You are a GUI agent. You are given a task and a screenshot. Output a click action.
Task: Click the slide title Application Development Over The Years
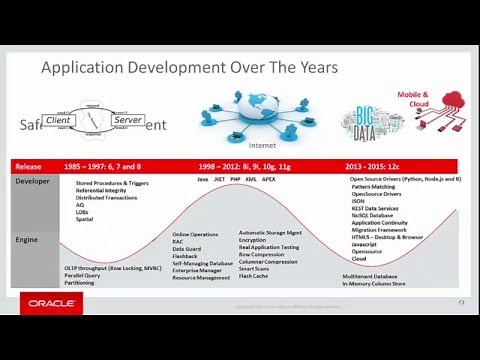pyautogui.click(x=189, y=68)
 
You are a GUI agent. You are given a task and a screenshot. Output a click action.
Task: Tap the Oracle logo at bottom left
pyautogui.click(x=49, y=302)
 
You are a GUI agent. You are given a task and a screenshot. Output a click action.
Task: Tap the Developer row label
pyautogui.click(x=32, y=180)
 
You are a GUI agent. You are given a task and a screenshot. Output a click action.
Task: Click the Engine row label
pyautogui.click(x=27, y=240)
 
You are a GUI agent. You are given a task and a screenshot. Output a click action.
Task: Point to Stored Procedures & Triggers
pyautogui.click(x=113, y=184)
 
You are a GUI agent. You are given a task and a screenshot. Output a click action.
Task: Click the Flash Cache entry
pyautogui.click(x=253, y=276)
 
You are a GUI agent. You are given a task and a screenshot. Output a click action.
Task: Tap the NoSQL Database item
pyautogui.click(x=371, y=215)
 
